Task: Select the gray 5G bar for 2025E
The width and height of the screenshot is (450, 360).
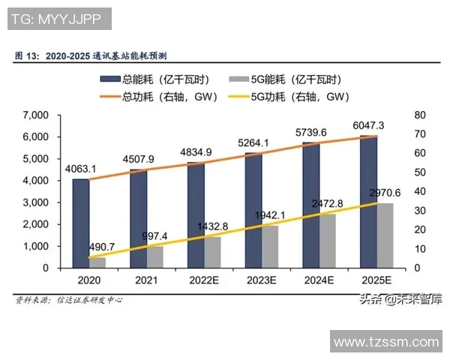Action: tap(385, 235)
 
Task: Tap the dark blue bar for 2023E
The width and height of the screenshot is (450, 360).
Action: tap(253, 210)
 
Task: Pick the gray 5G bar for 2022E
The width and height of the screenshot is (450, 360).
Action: tap(213, 252)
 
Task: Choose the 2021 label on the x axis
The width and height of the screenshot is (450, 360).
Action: tap(146, 280)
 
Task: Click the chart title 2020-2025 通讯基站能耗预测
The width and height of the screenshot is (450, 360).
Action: tap(97, 55)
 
